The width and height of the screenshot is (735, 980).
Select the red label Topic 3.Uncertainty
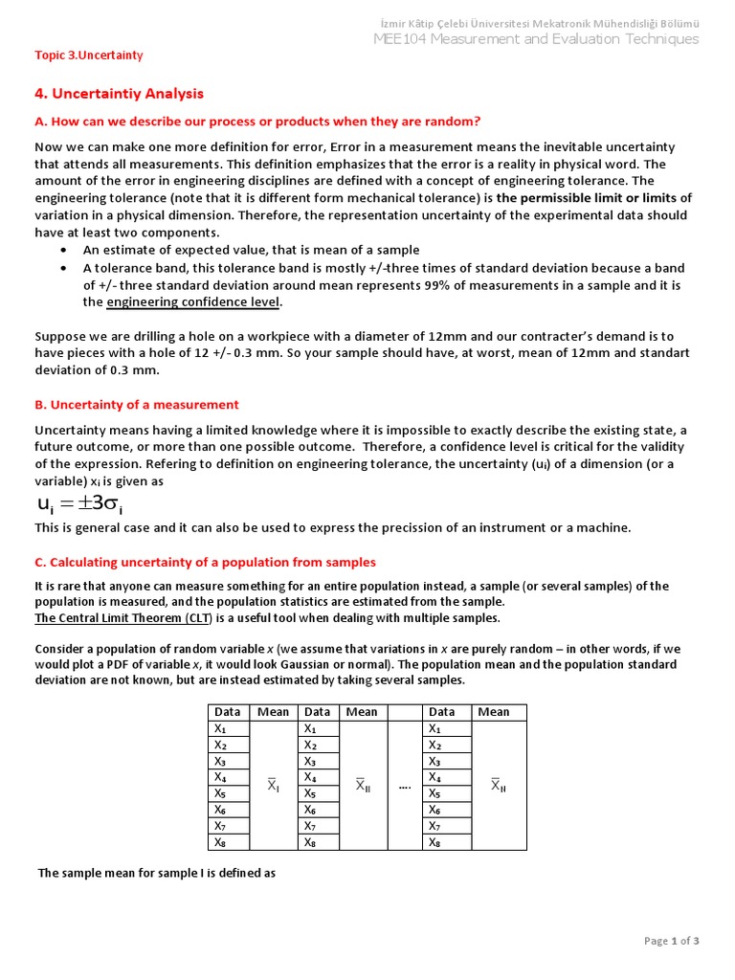[88, 55]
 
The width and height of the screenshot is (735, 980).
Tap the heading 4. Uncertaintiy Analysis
[119, 94]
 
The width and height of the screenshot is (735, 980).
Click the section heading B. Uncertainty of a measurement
[137, 405]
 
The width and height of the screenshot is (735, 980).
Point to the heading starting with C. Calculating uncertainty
[205, 562]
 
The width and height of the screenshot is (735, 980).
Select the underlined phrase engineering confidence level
[193, 302]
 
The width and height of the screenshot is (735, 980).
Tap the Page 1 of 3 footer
[672, 941]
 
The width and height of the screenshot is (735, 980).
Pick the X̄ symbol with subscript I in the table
[273, 786]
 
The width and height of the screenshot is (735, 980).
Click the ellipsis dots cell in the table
[405, 786]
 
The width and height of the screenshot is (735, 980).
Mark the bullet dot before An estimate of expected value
[63, 251]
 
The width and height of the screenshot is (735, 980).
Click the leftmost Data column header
[227, 712]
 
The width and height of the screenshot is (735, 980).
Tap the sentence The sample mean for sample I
[157, 873]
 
